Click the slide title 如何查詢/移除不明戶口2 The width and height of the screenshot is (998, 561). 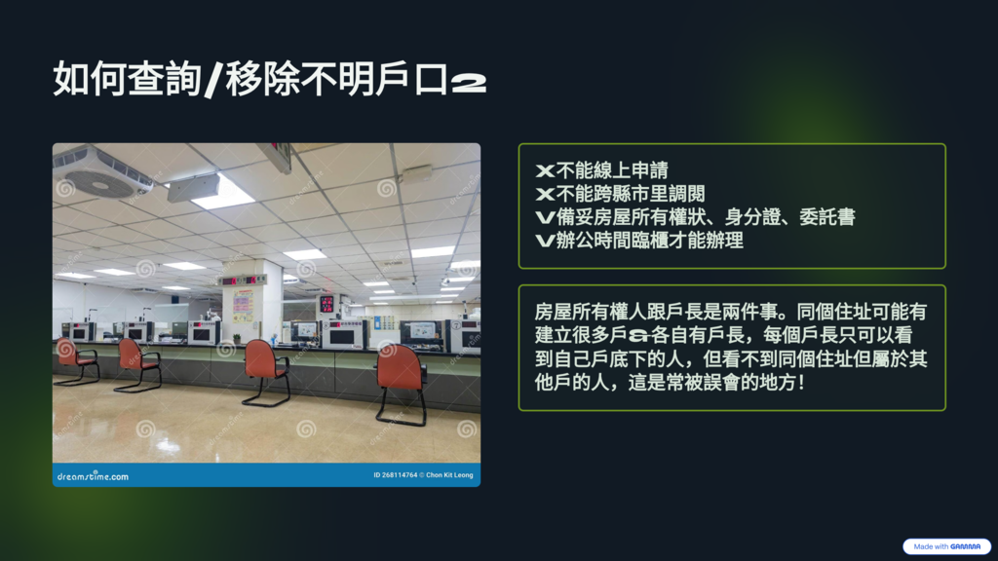point(269,80)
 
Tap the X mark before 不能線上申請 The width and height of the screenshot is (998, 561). point(546,171)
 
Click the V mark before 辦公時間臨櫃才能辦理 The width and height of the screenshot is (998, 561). point(546,242)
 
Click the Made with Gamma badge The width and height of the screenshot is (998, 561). point(946,546)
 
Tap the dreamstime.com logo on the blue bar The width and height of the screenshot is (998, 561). point(93,475)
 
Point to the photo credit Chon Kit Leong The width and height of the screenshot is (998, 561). point(449,475)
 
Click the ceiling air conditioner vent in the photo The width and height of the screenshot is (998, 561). point(101,171)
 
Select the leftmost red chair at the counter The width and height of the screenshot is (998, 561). point(76,361)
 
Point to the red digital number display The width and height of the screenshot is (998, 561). point(327,304)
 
